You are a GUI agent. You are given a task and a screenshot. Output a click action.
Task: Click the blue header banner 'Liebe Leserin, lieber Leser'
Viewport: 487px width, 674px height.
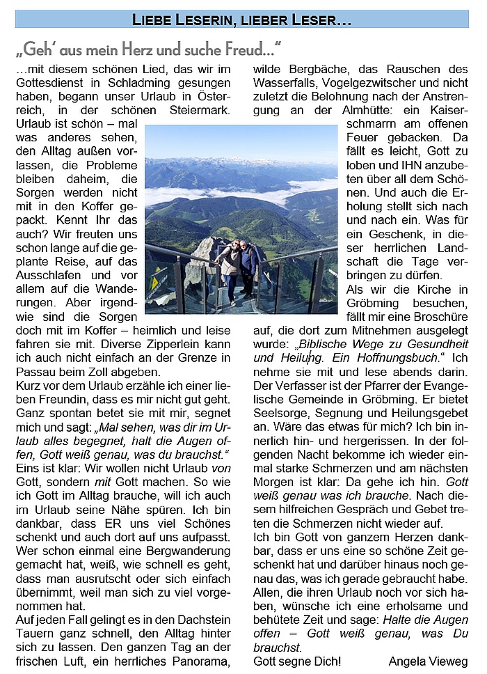[242, 19]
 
